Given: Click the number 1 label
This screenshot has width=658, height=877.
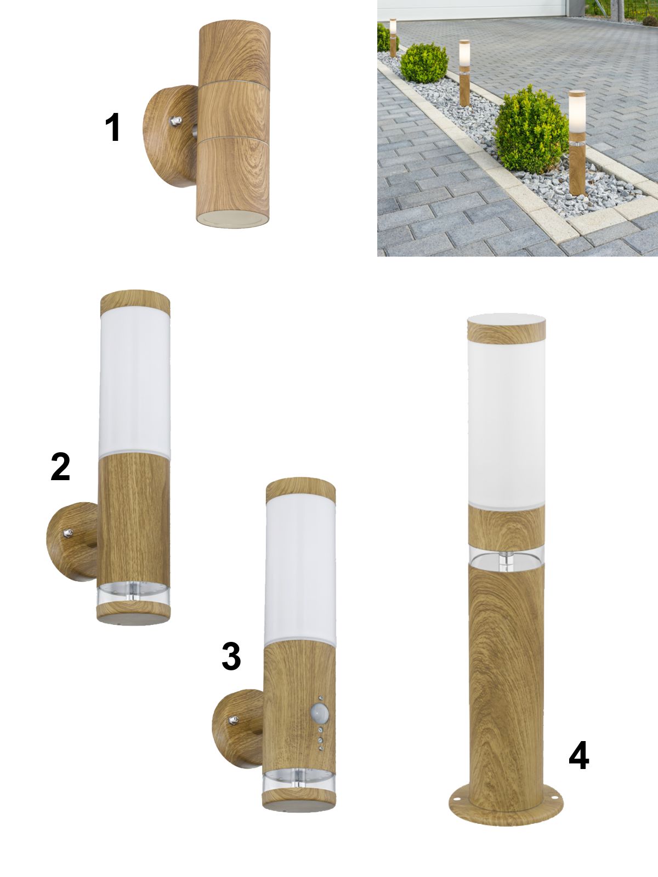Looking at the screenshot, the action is [x=114, y=127].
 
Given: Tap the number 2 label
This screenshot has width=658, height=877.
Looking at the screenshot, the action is [x=60, y=466].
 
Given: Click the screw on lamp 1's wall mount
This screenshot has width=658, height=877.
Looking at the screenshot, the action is [x=175, y=121].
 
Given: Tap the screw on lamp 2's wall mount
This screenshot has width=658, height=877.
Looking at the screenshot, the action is [x=69, y=533].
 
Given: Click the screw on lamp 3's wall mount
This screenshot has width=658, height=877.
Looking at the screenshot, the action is [x=234, y=720].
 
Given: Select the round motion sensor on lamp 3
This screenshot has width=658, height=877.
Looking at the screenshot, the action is [x=319, y=711].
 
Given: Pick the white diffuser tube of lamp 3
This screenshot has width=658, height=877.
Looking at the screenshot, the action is [x=300, y=570].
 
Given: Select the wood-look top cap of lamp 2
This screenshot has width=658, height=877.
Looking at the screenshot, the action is [x=135, y=303].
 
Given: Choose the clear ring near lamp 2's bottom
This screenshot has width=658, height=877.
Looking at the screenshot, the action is [x=133, y=595].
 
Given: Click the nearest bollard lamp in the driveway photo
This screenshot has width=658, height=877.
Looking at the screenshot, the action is [x=577, y=142].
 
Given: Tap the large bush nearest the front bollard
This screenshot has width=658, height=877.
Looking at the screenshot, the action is [x=531, y=130].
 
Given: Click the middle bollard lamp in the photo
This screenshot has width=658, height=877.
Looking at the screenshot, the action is [x=464, y=73].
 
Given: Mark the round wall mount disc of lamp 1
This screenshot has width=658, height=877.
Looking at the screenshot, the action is [x=170, y=136].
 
